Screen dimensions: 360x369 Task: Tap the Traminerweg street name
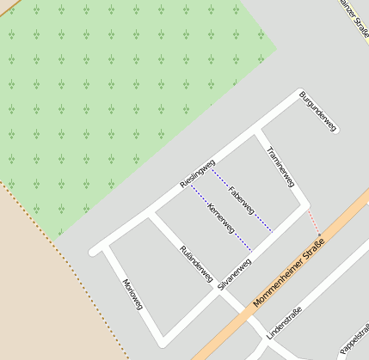point(281,168)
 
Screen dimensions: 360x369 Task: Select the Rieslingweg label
point(197,174)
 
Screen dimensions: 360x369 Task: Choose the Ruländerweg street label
point(195,264)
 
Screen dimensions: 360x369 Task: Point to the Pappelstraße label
point(356,336)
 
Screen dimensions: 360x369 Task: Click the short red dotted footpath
point(314,222)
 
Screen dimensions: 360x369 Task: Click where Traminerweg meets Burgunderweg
point(259,132)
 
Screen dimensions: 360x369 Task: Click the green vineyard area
point(112,95)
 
